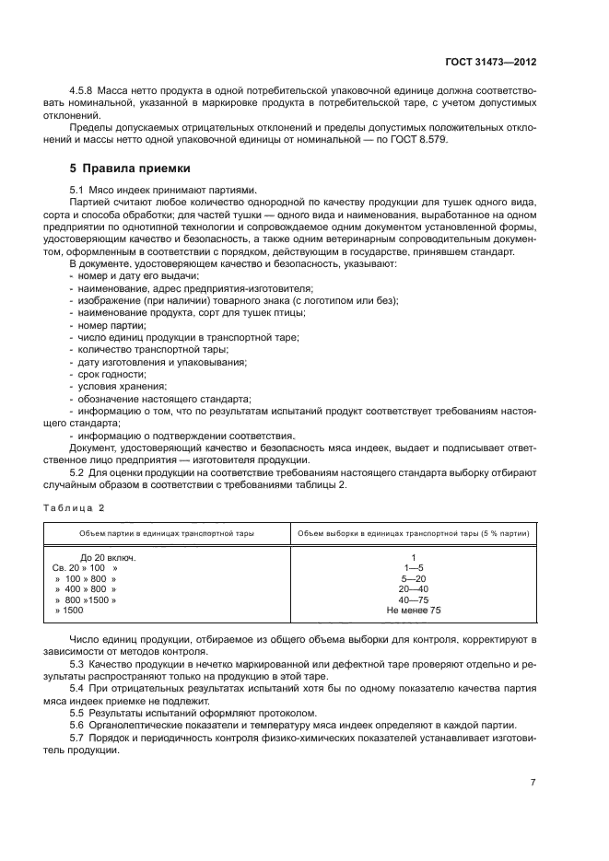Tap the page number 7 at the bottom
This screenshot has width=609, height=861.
(533, 782)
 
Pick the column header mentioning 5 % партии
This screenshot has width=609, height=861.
(414, 533)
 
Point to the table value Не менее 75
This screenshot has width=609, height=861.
(414, 610)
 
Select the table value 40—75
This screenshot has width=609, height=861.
(414, 599)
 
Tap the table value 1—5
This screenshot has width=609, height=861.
(414, 568)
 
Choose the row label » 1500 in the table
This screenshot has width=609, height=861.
(69, 610)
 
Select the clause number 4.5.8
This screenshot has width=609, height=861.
(84, 92)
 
